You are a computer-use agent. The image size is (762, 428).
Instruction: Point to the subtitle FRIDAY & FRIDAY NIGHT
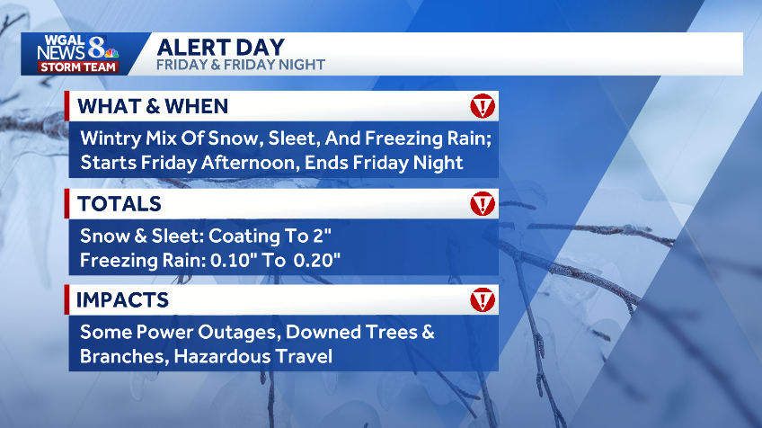pos(240,65)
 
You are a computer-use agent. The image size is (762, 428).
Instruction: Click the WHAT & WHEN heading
pos(153,106)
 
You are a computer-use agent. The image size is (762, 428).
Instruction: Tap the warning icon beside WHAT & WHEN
pos(483,106)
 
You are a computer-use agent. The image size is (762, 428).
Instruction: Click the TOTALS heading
pos(120,204)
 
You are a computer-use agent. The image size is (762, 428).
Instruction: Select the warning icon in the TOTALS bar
pos(483,204)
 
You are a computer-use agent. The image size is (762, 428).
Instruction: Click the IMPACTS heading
pos(123,299)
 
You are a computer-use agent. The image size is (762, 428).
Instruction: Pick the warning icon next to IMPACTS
pos(483,299)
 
